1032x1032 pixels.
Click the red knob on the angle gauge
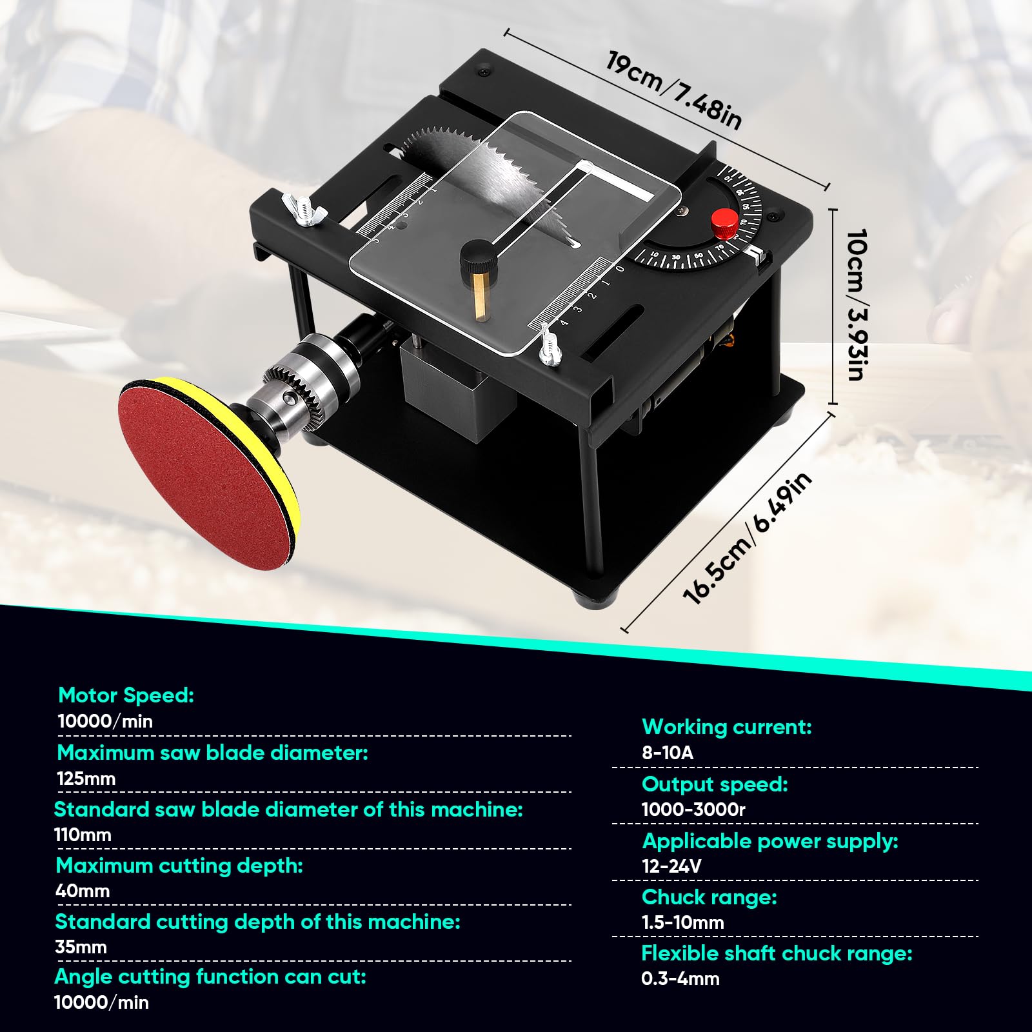pyautogui.click(x=724, y=223)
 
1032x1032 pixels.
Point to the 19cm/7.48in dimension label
pyautogui.click(x=674, y=90)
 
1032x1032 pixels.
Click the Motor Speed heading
pyautogui.click(x=126, y=695)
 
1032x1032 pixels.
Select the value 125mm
pyautogui.click(x=86, y=779)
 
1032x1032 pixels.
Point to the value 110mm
pyautogui.click(x=83, y=835)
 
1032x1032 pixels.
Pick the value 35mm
pyautogui.click(x=81, y=947)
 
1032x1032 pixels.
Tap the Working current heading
pyautogui.click(x=727, y=727)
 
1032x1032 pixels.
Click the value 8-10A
pyautogui.click(x=668, y=753)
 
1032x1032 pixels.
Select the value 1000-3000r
pyautogui.click(x=693, y=809)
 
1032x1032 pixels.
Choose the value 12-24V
pyautogui.click(x=671, y=866)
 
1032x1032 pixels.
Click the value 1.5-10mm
pyautogui.click(x=683, y=922)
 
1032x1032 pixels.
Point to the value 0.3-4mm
pyautogui.click(x=680, y=978)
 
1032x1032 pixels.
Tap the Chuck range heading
pyautogui.click(x=709, y=897)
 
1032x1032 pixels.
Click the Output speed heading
pyautogui.click(x=715, y=784)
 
